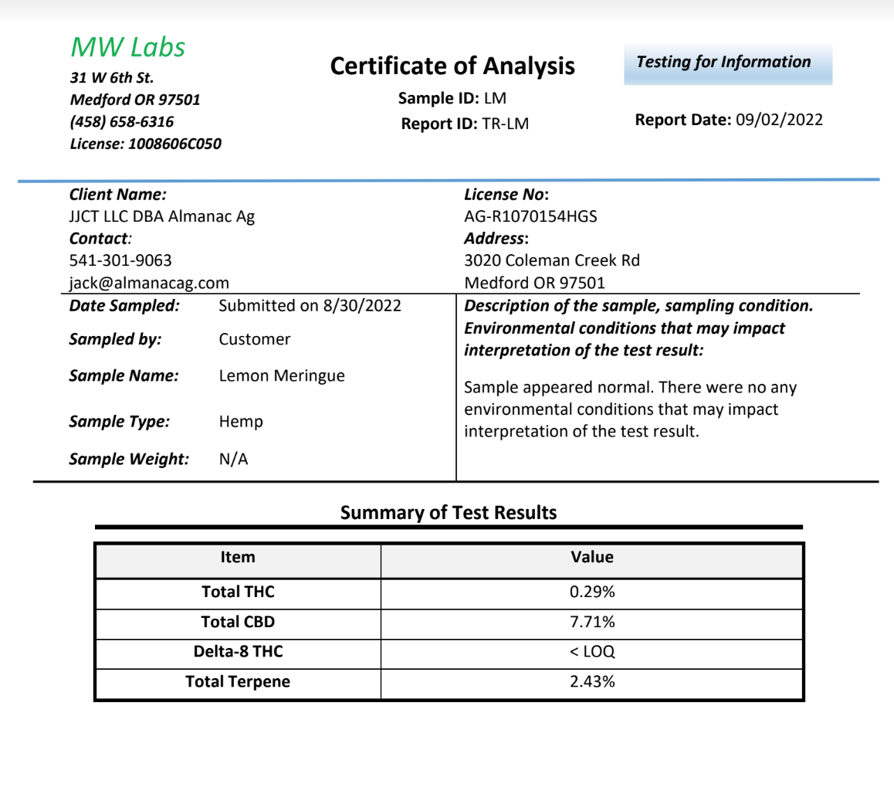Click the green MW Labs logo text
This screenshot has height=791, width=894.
128,47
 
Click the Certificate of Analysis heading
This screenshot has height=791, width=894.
452,66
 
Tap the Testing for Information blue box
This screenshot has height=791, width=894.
728,63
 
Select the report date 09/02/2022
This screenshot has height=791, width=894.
779,120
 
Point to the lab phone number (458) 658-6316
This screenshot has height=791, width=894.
121,122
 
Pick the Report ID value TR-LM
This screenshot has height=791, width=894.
506,124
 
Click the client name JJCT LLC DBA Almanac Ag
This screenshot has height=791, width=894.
162,217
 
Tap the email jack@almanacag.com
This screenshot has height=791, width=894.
149,283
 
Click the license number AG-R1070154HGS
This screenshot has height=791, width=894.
530,217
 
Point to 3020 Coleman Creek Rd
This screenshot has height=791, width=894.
552,261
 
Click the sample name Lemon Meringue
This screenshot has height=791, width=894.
282,376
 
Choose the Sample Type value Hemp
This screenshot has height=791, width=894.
241,422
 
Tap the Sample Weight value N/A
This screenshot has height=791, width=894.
234,460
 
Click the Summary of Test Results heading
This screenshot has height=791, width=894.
449,512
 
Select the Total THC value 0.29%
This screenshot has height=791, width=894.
592,592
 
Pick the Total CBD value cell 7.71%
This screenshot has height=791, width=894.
592,622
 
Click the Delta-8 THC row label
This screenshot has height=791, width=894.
238,652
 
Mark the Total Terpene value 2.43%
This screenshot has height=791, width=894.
592,681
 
